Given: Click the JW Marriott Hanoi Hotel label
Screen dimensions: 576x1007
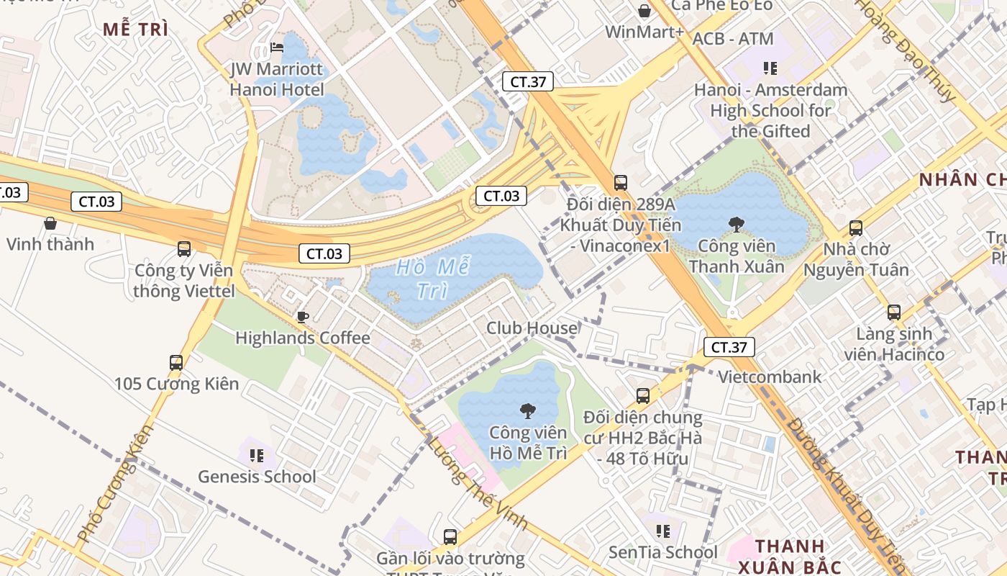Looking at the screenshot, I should (x=277, y=79).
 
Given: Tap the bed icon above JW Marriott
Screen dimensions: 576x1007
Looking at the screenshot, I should (x=277, y=48).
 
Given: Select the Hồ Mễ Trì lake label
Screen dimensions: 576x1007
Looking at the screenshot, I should (x=433, y=279).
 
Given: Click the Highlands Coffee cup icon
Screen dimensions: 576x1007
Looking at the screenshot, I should (x=303, y=317).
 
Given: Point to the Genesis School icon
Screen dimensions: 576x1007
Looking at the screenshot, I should (x=257, y=455).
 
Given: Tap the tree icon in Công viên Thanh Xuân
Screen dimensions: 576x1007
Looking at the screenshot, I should (x=736, y=225).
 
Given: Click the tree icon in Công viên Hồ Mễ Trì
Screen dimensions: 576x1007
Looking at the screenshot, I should (x=528, y=411).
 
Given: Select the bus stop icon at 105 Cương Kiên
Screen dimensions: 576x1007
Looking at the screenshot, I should (x=176, y=362).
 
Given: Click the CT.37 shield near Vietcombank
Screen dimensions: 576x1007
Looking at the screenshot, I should (x=729, y=347).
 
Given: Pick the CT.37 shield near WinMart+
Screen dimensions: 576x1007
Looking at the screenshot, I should (x=528, y=81).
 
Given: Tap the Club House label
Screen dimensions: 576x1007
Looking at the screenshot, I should (x=532, y=328).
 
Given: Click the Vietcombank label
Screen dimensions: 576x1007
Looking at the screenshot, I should (x=770, y=377).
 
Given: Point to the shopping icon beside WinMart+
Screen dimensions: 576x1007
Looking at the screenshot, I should (x=644, y=11).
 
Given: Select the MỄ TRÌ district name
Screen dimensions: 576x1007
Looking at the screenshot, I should (x=135, y=30).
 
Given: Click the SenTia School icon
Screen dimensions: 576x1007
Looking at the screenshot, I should (x=663, y=531).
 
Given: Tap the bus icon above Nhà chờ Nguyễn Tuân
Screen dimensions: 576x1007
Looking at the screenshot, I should (x=856, y=228).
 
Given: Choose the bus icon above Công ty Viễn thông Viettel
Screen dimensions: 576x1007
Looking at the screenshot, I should (x=184, y=249).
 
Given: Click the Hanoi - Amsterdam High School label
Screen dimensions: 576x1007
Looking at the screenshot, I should (x=770, y=111).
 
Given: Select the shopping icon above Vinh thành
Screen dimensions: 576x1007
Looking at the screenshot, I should (x=50, y=223).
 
